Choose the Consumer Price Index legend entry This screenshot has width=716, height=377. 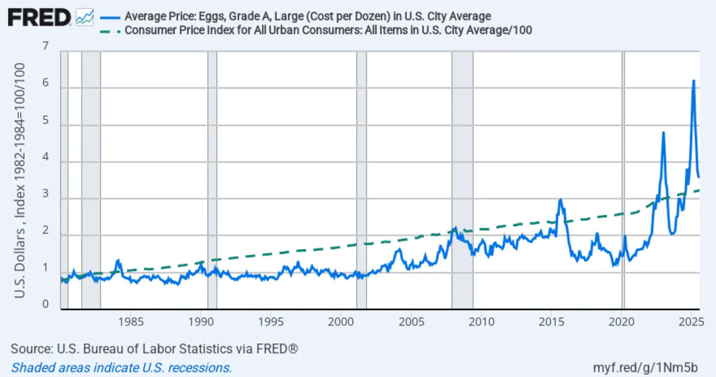(328, 30)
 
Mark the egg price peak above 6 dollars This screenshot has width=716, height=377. (693, 81)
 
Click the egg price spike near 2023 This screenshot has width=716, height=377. (663, 132)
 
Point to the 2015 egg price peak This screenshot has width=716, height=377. (561, 200)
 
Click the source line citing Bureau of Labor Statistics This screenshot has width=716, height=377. (154, 349)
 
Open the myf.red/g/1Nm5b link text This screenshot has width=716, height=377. (645, 367)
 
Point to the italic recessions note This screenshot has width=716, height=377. (122, 367)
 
